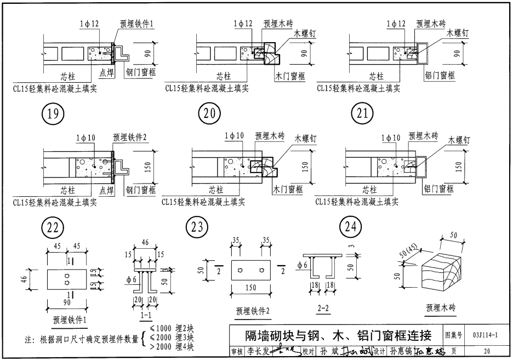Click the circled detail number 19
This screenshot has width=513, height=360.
pos(53,114)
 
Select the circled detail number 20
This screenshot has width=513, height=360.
pos(208,114)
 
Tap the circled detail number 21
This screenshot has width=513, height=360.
pos(361,114)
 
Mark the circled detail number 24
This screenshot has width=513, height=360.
pos(350,227)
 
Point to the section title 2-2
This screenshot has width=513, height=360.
pos(323,308)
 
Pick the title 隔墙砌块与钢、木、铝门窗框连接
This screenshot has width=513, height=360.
pos(338,335)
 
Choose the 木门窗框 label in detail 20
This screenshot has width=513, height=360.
pos(290,75)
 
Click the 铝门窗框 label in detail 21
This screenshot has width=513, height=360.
pos(440,75)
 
